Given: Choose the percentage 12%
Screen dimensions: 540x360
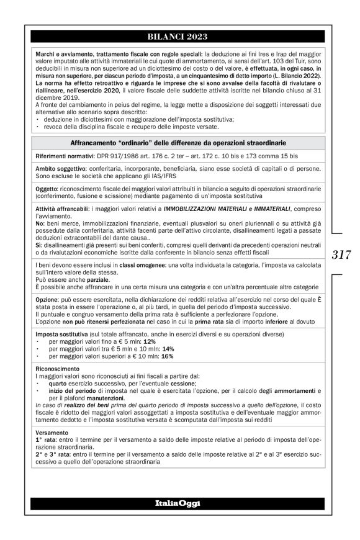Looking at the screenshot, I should tap(149, 341).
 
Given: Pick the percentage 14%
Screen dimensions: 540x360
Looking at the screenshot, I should tap(168, 349).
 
